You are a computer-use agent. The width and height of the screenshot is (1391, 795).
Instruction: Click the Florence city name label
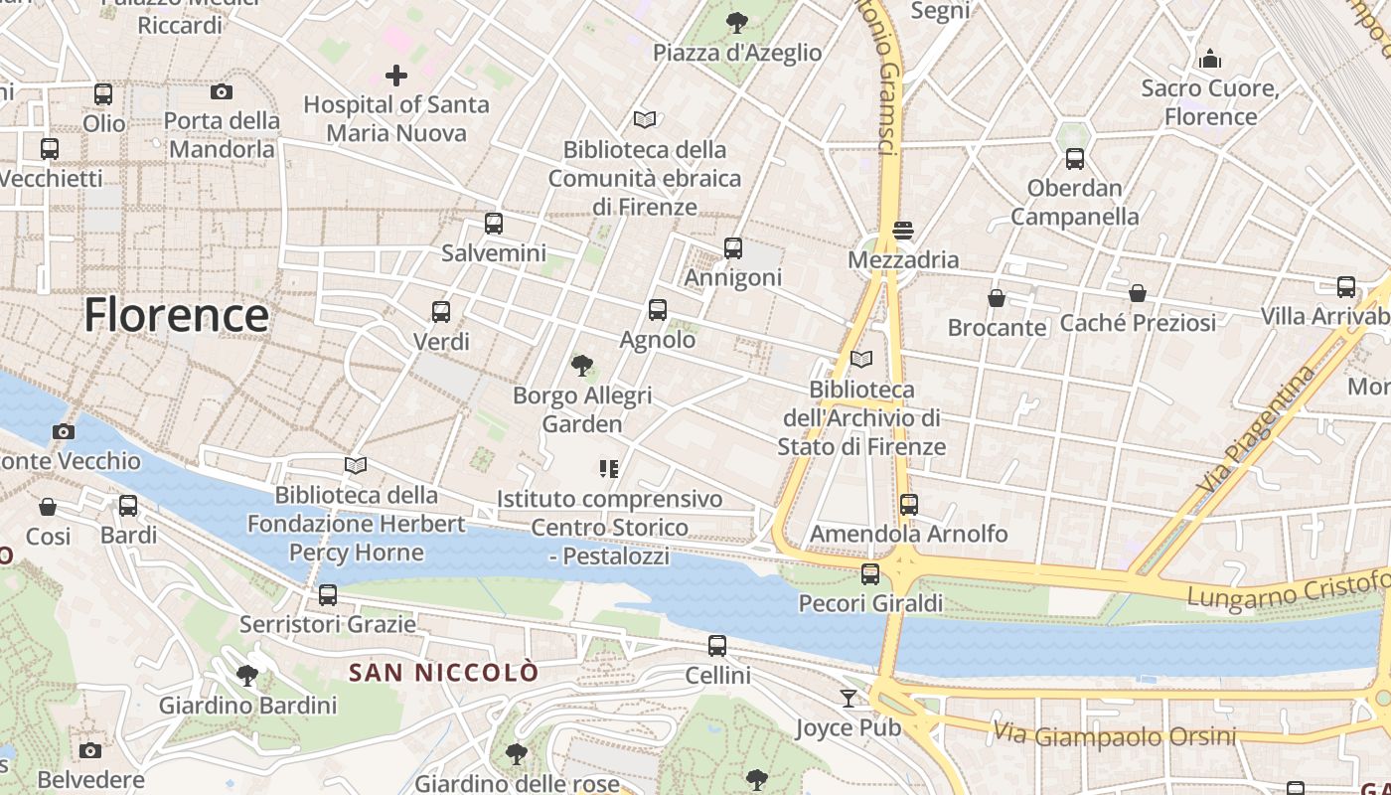pyautogui.click(x=176, y=315)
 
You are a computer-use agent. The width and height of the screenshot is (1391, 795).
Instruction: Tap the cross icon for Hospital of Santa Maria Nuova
pyautogui.click(x=396, y=75)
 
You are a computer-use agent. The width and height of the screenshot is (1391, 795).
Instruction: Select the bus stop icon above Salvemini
pyautogui.click(x=494, y=224)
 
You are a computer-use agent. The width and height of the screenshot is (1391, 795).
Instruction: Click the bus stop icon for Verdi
pyautogui.click(x=441, y=312)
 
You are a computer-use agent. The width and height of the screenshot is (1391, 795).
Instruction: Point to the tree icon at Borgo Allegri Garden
pyautogui.click(x=582, y=366)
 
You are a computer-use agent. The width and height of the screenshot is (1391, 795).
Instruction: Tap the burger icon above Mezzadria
pyautogui.click(x=903, y=231)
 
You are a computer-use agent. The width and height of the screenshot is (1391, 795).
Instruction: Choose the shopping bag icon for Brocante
pyautogui.click(x=997, y=298)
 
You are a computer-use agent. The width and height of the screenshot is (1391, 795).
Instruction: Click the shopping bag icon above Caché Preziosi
pyautogui.click(x=1138, y=293)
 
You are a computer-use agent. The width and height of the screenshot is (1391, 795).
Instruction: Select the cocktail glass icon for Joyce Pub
pyautogui.click(x=848, y=699)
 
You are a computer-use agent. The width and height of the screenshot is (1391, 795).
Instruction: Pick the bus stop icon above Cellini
pyautogui.click(x=717, y=646)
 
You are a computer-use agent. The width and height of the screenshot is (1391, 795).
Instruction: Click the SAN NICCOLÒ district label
pyautogui.click(x=443, y=673)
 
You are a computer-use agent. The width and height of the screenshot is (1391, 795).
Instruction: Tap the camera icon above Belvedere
pyautogui.click(x=90, y=750)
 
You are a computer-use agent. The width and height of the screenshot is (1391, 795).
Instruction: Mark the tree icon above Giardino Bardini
pyautogui.click(x=247, y=677)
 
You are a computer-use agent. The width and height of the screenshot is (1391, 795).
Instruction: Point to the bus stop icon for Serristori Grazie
pyautogui.click(x=327, y=595)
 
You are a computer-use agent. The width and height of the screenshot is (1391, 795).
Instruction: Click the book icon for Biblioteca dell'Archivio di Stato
pyautogui.click(x=861, y=359)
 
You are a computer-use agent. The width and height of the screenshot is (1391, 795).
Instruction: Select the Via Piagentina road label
pyautogui.click(x=1256, y=431)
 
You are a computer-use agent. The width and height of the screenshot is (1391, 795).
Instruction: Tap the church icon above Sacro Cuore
pyautogui.click(x=1209, y=59)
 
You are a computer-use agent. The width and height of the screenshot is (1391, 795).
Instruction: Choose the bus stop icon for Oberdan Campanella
pyautogui.click(x=1074, y=159)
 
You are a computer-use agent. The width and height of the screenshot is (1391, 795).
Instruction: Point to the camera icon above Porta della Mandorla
pyautogui.click(x=222, y=92)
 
